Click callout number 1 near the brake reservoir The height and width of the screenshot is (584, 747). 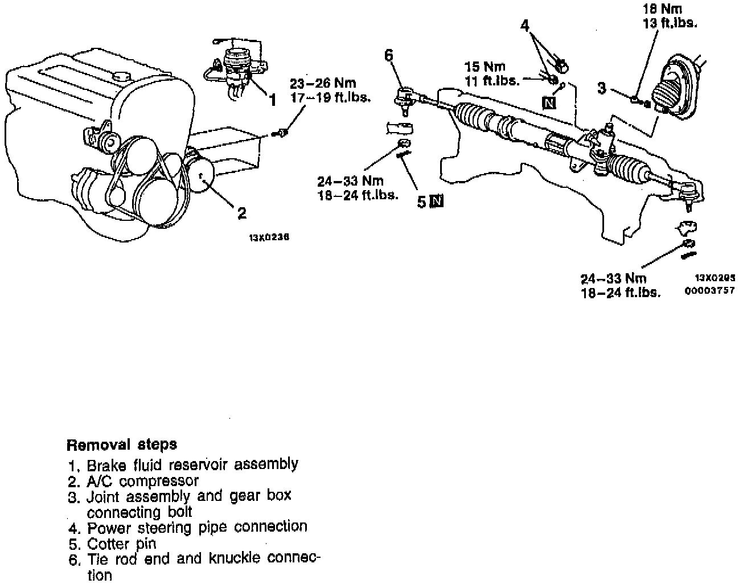(272, 100)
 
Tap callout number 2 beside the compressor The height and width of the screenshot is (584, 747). (242, 213)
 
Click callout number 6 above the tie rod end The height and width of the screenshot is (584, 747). (389, 55)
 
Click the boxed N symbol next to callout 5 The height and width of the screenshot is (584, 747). (437, 201)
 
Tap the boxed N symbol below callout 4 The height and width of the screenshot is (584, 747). (549, 102)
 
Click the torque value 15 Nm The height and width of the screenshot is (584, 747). (484, 67)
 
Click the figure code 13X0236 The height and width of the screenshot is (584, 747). (269, 238)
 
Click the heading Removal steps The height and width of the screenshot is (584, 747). (122, 444)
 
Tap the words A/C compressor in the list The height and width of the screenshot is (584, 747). (142, 481)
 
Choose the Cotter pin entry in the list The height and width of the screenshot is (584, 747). (121, 544)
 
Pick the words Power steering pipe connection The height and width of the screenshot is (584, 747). (197, 527)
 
